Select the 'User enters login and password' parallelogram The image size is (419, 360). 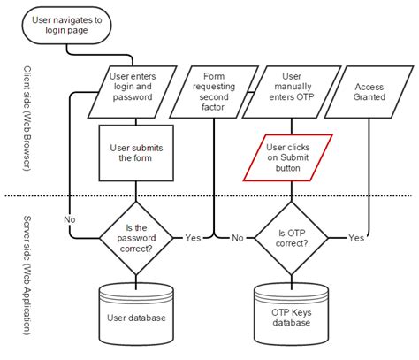coord(134,93)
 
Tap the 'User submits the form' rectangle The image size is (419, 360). coord(134,151)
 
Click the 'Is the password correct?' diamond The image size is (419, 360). coord(134,237)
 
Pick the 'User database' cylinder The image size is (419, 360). coord(134,310)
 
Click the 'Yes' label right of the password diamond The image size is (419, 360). coord(191,238)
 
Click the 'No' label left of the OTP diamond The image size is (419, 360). coord(238,238)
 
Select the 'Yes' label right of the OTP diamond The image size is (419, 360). coord(356,238)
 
